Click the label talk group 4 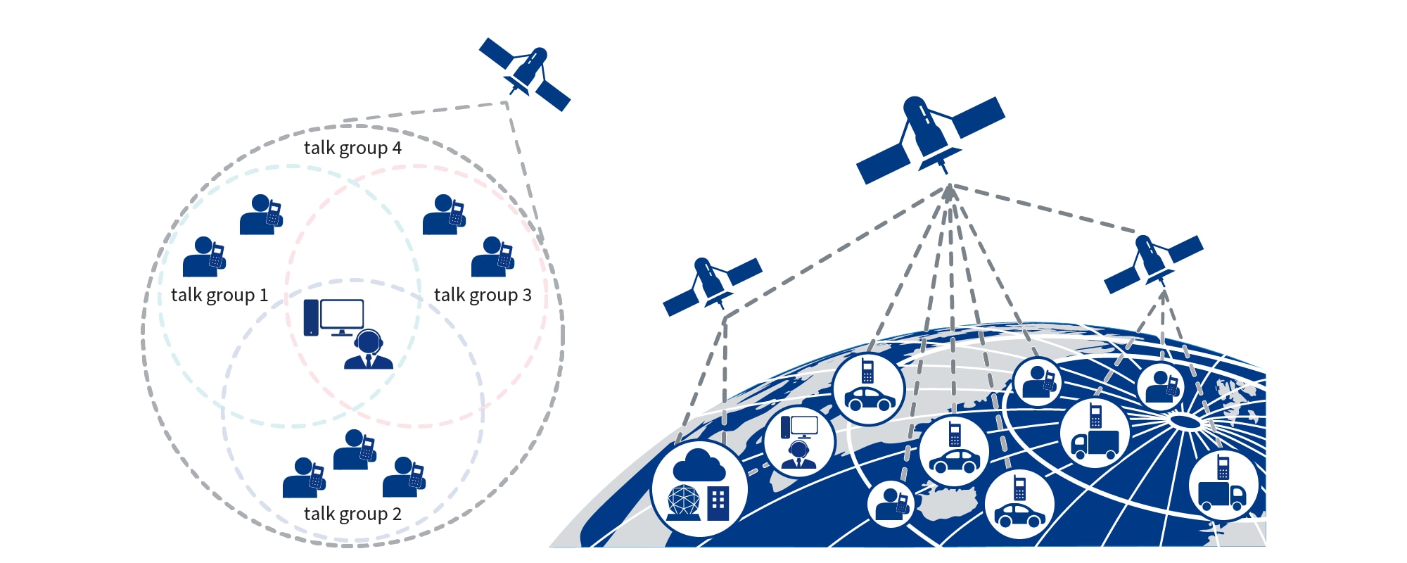pos(352,148)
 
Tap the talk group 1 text pos(219,295)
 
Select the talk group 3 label pos(483,295)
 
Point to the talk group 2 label pos(352,514)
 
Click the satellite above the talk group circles pos(525,74)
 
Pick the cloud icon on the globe pos(699,465)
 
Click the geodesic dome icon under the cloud pos(684,502)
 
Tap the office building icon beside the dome pos(718,503)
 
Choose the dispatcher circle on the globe pos(799,442)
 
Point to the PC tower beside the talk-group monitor pos(311,318)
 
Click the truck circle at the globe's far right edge pos(1223,486)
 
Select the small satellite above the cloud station pos(712,285)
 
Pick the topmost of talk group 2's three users pos(355,450)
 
